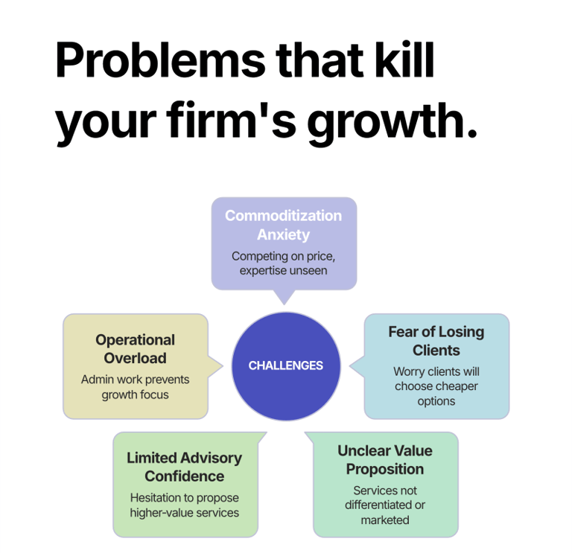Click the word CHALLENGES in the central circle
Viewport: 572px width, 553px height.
click(x=285, y=365)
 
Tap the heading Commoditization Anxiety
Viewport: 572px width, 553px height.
click(x=283, y=225)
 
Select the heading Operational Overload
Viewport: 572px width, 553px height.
click(x=135, y=349)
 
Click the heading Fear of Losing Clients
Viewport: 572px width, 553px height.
click(x=436, y=341)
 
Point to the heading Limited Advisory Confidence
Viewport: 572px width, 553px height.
click(x=184, y=467)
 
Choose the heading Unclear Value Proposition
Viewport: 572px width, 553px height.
click(x=384, y=460)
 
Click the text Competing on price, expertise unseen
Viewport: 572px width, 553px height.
click(x=283, y=263)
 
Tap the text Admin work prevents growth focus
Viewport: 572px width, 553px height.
click(x=135, y=387)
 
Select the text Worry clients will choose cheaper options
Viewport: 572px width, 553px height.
click(x=436, y=386)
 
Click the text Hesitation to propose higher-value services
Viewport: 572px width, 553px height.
click(x=184, y=505)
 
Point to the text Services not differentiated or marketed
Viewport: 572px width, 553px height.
click(x=384, y=505)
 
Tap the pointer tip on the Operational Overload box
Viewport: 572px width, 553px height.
click(x=223, y=365)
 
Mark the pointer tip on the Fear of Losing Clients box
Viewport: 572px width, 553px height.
click(x=349, y=365)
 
